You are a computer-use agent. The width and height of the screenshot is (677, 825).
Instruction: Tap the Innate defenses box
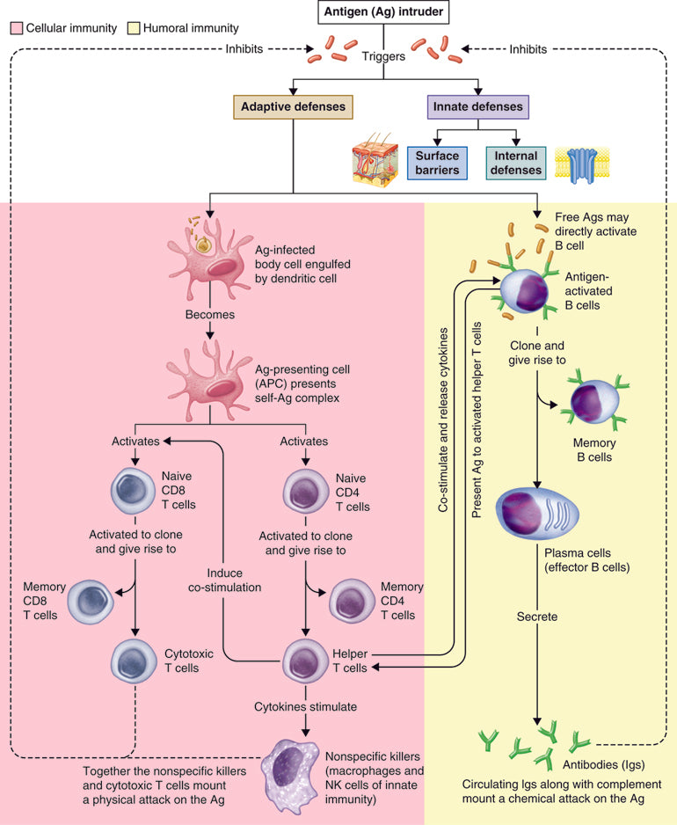tap(477, 107)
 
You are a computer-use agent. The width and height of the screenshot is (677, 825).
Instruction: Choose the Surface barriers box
tap(437, 162)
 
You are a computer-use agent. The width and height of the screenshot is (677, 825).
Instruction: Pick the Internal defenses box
tap(516, 162)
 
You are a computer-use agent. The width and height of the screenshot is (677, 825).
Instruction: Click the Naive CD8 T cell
tap(133, 491)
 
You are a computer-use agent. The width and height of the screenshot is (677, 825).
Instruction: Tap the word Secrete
tap(536, 617)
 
